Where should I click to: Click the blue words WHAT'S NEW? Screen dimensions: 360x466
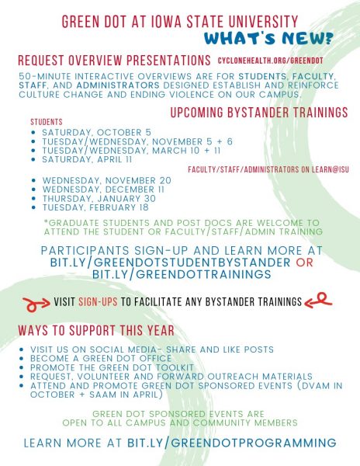point(268,39)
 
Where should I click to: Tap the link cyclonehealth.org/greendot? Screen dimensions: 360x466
point(270,61)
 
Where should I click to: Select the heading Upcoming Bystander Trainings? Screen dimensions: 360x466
point(259,113)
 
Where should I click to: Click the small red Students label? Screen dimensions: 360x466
point(47,122)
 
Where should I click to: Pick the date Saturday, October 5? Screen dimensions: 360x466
point(96,132)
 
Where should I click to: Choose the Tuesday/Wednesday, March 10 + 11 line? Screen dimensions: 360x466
point(131,151)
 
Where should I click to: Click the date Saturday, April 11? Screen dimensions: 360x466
point(87,159)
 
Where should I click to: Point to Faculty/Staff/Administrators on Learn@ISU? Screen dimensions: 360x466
point(268,169)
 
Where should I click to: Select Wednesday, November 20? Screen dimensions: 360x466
point(107,180)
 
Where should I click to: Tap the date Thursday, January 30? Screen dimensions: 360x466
point(99,198)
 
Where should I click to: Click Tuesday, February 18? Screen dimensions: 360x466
point(95,207)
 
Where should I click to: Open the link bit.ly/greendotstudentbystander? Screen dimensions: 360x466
point(170,263)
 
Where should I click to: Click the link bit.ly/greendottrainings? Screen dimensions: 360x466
point(182,274)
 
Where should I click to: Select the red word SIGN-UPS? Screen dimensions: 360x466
point(98,302)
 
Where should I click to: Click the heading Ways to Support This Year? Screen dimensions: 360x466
point(96,331)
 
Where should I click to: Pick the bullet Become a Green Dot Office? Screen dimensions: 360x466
point(101,358)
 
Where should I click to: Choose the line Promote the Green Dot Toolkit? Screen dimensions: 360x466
point(112,367)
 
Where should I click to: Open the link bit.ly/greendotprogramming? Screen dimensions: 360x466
point(232,443)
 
